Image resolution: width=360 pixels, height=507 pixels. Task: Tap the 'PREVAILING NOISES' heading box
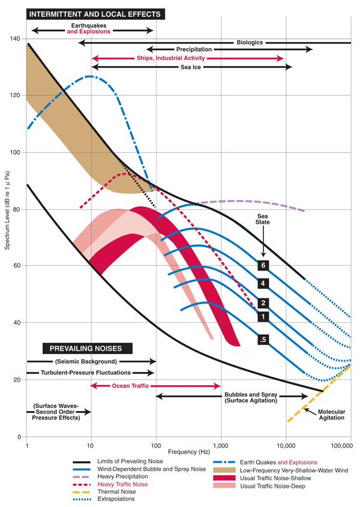(x=87, y=348)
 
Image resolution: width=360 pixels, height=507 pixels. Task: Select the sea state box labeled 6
(x=262, y=265)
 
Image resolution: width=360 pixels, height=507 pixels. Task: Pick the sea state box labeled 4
(x=262, y=283)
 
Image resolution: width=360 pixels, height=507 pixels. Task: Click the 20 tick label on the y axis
(x=17, y=380)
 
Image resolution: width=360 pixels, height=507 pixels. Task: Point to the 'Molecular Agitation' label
(x=331, y=414)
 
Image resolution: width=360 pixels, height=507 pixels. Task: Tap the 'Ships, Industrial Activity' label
(x=171, y=58)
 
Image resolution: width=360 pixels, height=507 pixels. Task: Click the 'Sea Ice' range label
(x=192, y=67)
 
